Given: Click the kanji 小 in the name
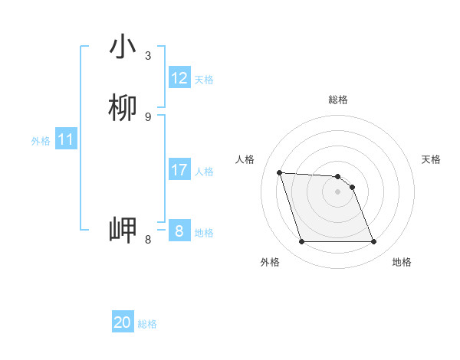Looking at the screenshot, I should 123,47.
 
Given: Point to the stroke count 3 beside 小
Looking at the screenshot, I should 148,55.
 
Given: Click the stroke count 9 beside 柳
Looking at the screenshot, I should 148,116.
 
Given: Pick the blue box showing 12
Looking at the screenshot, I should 179,78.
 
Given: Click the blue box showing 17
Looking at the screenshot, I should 179,170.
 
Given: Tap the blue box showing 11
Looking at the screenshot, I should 66,140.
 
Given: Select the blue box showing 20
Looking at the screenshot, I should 123,323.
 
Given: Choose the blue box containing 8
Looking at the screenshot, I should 179,231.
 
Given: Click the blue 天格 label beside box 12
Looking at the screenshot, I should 204,80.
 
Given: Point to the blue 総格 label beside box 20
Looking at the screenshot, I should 147,324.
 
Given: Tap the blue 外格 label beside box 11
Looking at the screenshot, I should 41,141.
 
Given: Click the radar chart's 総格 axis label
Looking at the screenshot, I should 338,100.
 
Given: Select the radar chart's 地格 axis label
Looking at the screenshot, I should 402,262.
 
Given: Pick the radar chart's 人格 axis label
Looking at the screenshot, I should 245,159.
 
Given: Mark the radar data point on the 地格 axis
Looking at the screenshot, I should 373,242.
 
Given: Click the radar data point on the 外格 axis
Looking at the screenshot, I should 301,242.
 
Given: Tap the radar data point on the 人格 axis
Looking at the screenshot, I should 279,172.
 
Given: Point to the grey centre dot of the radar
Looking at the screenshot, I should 337,191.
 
